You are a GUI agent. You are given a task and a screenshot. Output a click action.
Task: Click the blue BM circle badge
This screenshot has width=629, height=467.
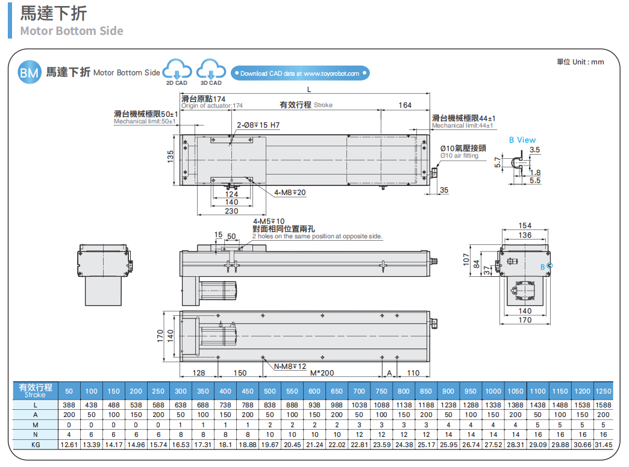coord(28,73)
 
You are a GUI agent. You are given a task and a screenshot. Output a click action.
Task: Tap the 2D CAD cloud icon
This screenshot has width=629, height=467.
coord(177,70)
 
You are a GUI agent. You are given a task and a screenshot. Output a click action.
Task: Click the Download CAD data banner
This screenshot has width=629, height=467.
coord(299,73)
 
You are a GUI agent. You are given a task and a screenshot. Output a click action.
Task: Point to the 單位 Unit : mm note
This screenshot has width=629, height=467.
coord(580,62)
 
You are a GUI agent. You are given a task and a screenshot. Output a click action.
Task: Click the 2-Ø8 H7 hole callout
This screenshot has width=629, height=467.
coord(258,125)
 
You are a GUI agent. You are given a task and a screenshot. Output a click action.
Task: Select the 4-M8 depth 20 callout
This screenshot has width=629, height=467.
coord(290,193)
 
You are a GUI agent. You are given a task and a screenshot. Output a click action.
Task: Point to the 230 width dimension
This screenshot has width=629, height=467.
coord(231,211)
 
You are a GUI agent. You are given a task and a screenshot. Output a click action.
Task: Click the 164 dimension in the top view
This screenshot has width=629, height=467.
coord(405,105)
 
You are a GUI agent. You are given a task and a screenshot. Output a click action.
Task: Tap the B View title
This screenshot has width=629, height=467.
coord(522,140)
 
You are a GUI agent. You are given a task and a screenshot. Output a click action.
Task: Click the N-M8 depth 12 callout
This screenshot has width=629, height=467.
coord(290,366)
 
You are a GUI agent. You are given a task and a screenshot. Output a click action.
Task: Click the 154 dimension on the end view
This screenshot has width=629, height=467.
coord(525,226)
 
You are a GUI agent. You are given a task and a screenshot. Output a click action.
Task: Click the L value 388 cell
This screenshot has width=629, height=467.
coord(69,406)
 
